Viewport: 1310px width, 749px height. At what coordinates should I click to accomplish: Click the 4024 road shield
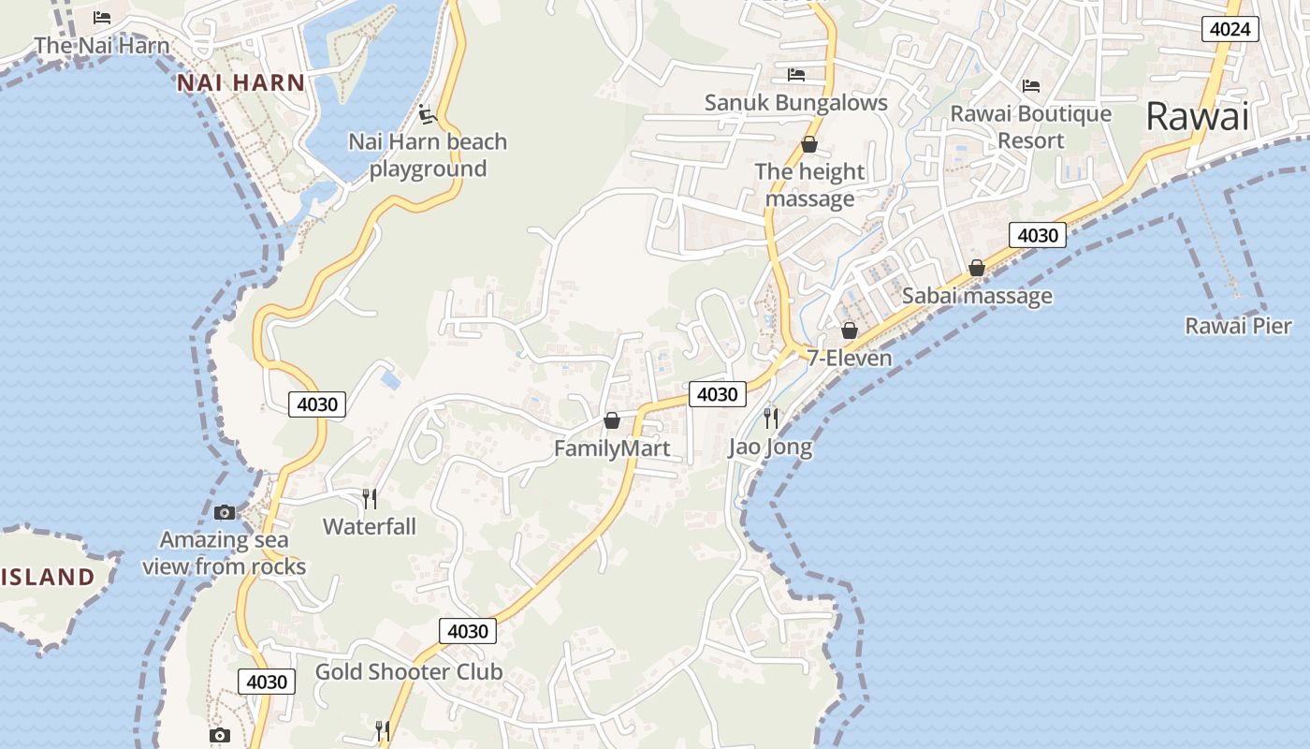[1230, 29]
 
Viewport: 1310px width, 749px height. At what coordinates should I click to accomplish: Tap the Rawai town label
[1197, 117]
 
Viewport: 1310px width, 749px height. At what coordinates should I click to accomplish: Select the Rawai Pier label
[1238, 326]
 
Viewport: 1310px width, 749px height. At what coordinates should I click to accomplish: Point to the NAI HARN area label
[241, 82]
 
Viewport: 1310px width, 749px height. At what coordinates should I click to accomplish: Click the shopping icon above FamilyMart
[612, 420]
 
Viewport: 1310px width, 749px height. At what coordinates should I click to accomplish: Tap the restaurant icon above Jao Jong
[771, 417]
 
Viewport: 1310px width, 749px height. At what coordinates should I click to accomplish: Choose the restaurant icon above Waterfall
[370, 498]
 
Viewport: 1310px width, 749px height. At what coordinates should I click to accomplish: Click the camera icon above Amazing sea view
[225, 512]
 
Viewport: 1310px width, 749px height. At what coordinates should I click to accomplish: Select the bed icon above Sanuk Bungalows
[796, 74]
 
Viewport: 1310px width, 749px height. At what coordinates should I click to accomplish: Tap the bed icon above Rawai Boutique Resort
[1031, 86]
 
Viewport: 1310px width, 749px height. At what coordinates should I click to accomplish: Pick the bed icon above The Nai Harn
[102, 18]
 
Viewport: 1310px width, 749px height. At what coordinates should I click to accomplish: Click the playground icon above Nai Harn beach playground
[428, 114]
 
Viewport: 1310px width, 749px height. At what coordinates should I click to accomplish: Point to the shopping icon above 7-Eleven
[850, 330]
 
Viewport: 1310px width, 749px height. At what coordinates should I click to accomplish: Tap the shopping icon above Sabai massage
[977, 268]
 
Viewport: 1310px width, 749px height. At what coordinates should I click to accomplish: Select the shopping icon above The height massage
[809, 144]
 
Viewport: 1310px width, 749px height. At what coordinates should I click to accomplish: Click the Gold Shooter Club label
[408, 671]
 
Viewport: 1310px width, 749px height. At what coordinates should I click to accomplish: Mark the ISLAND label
[47, 577]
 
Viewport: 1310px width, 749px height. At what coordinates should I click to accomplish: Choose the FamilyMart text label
[612, 448]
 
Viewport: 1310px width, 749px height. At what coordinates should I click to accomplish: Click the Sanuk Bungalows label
[795, 102]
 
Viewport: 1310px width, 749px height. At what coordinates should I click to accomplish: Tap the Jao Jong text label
[770, 447]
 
